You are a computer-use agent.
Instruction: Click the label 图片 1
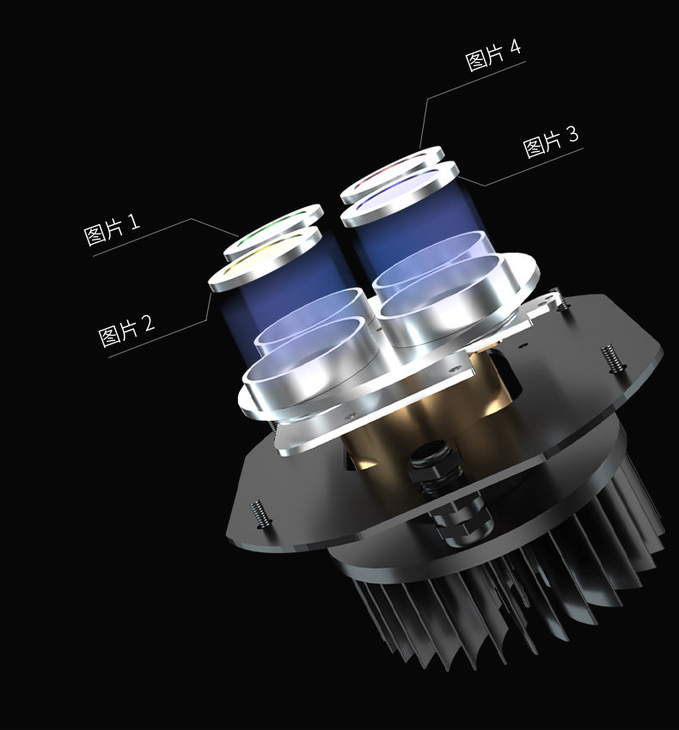click(112, 229)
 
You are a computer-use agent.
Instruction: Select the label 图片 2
click(126, 330)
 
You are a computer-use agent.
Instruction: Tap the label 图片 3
click(550, 142)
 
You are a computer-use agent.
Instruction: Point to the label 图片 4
click(493, 54)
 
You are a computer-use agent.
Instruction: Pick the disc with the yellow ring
click(265, 259)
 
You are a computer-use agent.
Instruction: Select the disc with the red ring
click(392, 174)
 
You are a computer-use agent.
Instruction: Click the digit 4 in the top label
click(515, 47)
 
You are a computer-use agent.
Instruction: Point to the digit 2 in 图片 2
click(149, 322)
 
